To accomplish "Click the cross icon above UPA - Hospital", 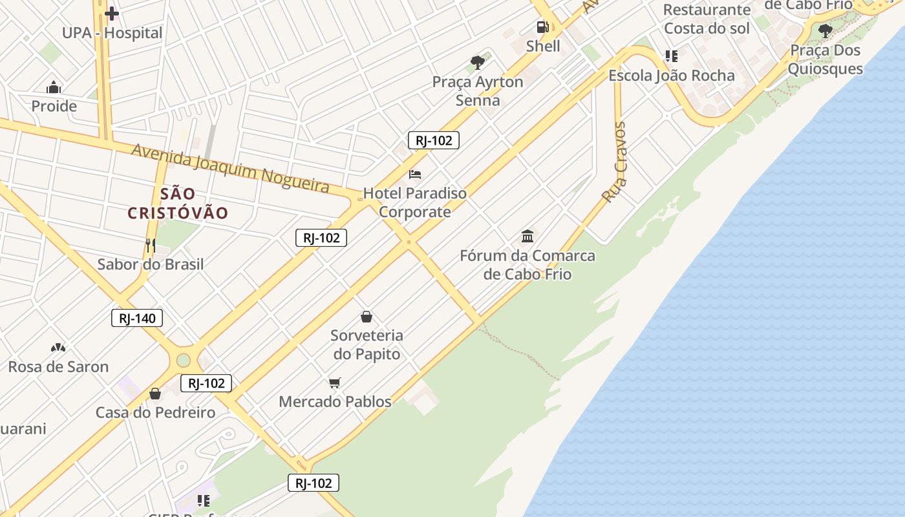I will click(112, 13).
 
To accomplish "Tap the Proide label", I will click(54, 106).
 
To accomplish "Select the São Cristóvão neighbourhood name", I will click(178, 203).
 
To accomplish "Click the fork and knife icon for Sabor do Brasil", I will click(150, 245).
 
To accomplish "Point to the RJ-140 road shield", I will click(137, 318).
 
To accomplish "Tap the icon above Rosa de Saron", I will click(58, 348).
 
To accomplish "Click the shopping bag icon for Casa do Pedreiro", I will click(155, 393).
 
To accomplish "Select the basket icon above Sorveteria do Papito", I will click(367, 317).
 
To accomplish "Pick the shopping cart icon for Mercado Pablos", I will click(334, 383).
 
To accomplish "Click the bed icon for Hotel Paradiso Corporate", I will click(415, 174).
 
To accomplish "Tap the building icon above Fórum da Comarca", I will click(527, 236).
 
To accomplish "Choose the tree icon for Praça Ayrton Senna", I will click(478, 63).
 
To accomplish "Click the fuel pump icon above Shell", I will click(542, 27).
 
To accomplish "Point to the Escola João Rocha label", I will click(672, 76).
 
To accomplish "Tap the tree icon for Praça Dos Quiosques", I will click(825, 30).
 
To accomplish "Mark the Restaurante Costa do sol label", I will click(707, 19).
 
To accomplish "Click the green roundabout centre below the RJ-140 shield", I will click(184, 360).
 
